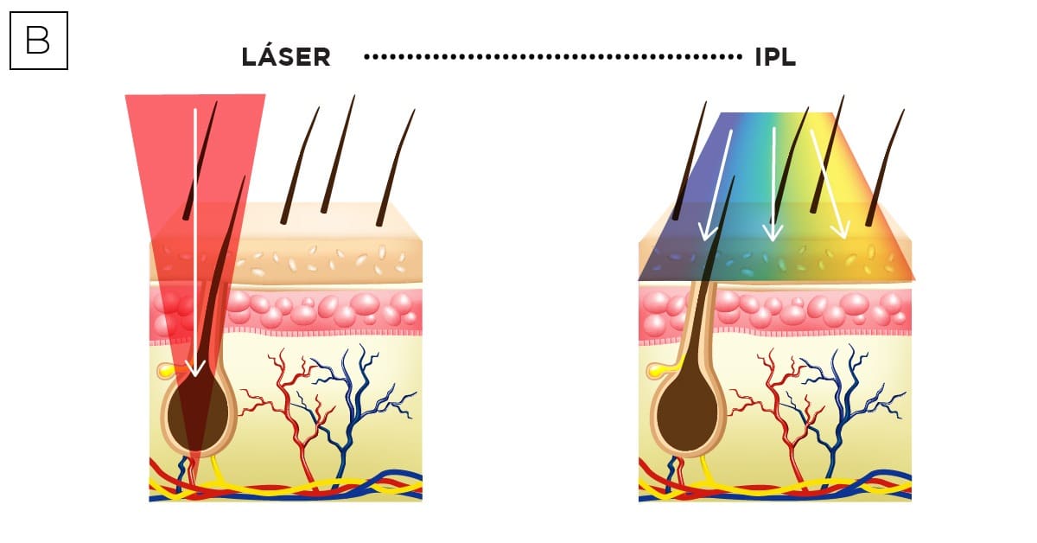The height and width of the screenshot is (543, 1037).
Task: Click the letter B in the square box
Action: [x=38, y=40]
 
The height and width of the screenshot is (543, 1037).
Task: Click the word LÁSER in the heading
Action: [x=286, y=58]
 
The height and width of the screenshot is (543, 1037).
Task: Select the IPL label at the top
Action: [x=775, y=58]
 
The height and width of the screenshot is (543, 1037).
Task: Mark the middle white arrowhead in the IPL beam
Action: [x=773, y=233]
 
